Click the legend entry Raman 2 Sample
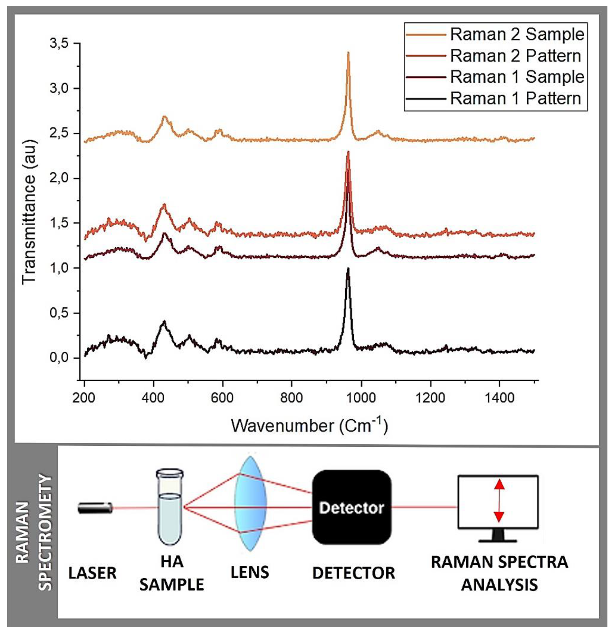517,34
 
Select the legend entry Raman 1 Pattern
515,98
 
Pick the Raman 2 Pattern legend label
515,56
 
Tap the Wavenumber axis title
309,426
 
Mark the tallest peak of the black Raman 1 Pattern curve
348,269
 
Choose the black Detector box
351,507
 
